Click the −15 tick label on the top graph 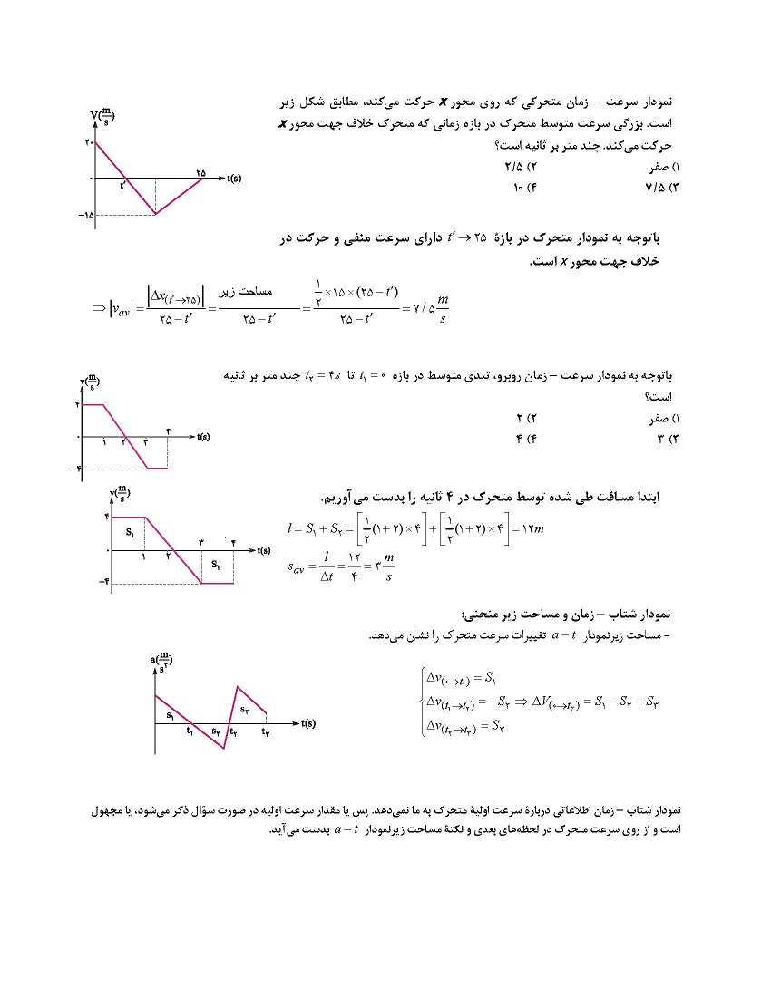coord(86,215)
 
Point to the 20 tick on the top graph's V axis coord(88,143)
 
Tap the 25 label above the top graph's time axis coord(200,170)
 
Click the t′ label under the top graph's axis coord(124,187)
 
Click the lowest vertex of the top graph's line coord(156,214)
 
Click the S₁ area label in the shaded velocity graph coord(132,530)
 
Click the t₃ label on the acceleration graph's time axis coord(266,731)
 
